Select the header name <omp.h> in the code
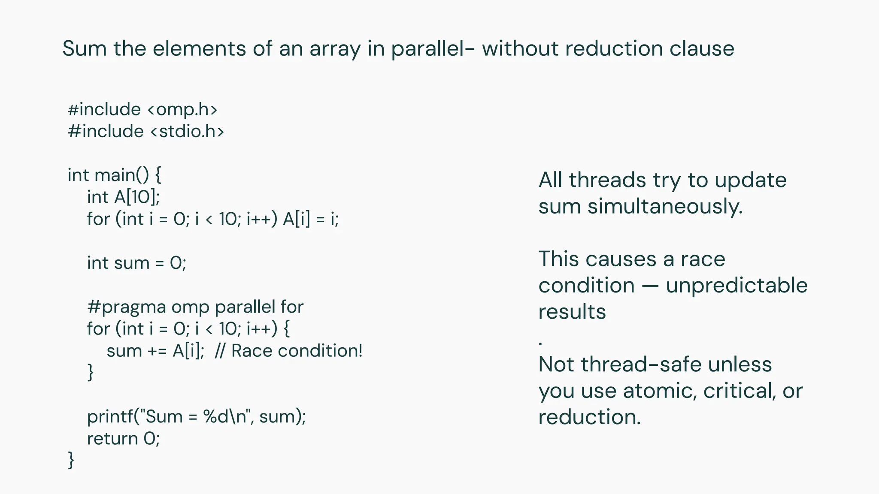point(182,109)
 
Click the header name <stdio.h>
point(187,131)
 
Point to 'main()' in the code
point(121,175)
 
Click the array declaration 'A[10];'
point(137,197)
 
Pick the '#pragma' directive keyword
point(127,307)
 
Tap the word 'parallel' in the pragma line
point(245,307)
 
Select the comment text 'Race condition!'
point(297,351)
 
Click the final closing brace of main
point(71,461)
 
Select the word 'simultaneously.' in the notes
point(665,206)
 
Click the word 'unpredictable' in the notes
point(737,285)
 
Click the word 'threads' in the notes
point(607,180)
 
